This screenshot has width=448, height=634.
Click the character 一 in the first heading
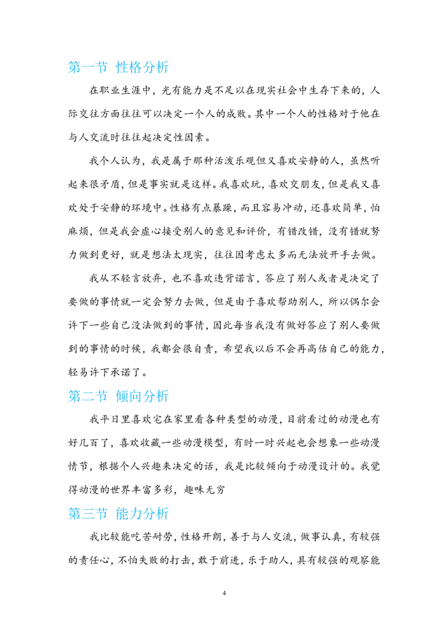(x=87, y=68)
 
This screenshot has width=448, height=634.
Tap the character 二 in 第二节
(x=87, y=397)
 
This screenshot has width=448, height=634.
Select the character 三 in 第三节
(x=87, y=514)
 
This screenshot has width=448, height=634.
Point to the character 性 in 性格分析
(x=121, y=68)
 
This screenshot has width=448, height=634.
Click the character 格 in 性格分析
(x=134, y=68)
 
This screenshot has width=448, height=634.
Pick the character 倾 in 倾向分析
(x=121, y=397)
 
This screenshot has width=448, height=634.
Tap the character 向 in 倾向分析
(x=134, y=397)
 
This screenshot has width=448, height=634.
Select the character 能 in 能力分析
(x=121, y=514)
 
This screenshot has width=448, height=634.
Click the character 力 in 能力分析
(x=134, y=514)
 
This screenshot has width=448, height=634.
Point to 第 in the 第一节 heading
(x=74, y=68)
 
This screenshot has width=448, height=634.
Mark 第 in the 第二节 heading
(x=74, y=397)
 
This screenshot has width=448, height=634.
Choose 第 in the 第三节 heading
(x=74, y=514)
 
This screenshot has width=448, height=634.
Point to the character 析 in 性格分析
(x=162, y=68)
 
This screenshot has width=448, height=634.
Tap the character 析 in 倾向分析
(x=162, y=397)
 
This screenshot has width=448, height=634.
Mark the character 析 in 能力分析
(x=162, y=514)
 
